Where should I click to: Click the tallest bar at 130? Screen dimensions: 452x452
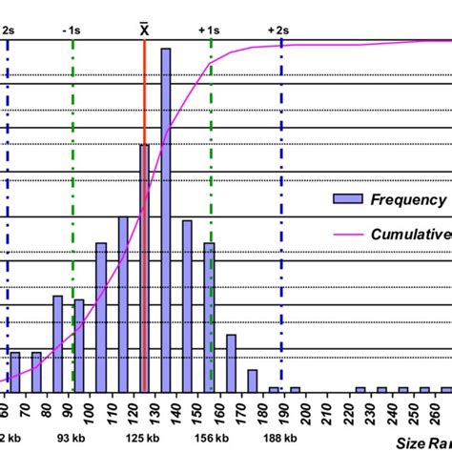(x=166, y=219)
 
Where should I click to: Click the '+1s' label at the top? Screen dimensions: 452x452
(x=210, y=30)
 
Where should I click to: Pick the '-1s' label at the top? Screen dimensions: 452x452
(x=73, y=30)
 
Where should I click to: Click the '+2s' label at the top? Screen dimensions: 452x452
(x=277, y=30)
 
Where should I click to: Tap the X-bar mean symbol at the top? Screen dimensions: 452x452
(x=144, y=28)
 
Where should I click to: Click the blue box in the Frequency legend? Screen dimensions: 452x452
(x=351, y=198)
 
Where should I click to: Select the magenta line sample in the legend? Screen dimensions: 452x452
(x=351, y=234)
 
